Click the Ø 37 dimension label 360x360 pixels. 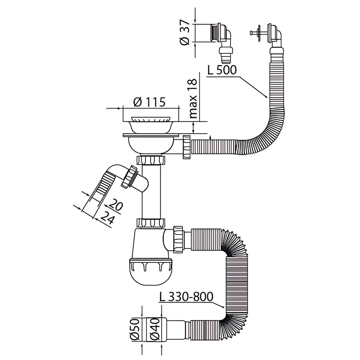[184, 33]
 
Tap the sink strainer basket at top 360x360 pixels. [150, 122]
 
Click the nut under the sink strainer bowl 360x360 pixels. [150, 160]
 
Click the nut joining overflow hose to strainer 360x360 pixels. [186, 146]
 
